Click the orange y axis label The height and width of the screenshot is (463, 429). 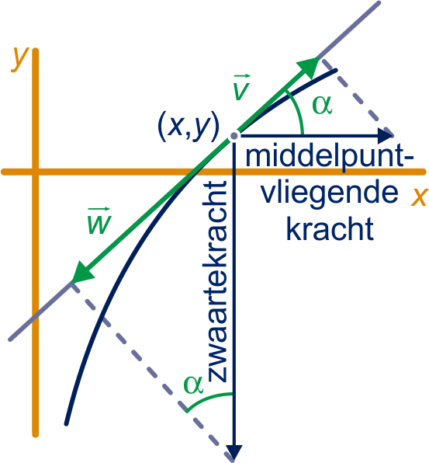click(19, 59)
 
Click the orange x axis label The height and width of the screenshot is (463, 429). click(419, 197)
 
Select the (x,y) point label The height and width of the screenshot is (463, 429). click(189, 127)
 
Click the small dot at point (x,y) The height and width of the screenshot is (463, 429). click(234, 136)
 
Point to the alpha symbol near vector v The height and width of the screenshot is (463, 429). click(322, 105)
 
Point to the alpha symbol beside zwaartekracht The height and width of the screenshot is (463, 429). click(193, 385)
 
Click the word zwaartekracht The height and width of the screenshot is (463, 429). click(217, 281)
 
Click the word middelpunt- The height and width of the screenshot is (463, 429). click(330, 156)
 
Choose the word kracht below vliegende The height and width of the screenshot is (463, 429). click(330, 228)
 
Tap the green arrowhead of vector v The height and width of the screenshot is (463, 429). click(310, 67)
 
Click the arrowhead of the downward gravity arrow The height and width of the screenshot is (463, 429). click(234, 451)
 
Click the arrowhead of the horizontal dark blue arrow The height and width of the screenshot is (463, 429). click(386, 136)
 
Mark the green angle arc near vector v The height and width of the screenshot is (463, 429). click(297, 111)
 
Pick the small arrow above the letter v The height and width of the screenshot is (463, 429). click(242, 77)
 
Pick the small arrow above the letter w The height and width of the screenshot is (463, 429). click(99, 210)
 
